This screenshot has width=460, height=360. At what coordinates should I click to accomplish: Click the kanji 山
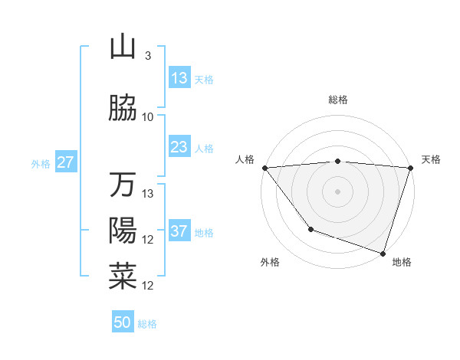click(123, 47)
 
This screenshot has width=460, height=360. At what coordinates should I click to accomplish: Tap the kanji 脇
click(123, 109)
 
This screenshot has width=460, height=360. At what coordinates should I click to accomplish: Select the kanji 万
click(123, 185)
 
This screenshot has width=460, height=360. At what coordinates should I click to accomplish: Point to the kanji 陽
click(123, 231)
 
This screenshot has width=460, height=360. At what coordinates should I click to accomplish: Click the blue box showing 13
click(179, 78)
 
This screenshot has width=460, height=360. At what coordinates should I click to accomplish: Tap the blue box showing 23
click(179, 147)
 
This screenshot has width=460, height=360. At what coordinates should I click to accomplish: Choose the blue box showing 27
click(66, 162)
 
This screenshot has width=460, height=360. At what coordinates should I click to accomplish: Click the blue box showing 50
click(123, 322)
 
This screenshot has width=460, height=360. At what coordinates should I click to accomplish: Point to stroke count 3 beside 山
click(147, 56)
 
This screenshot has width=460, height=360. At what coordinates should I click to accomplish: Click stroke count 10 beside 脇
click(148, 117)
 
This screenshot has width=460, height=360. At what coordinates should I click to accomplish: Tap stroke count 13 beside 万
click(148, 194)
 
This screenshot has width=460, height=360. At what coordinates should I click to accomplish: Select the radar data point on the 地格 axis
click(382, 253)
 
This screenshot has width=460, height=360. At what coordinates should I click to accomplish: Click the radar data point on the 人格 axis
click(264, 168)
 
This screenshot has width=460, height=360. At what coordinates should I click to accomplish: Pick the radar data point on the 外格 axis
click(310, 228)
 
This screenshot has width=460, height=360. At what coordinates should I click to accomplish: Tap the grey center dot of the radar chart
click(337, 191)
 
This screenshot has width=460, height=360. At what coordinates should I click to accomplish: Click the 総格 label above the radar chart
click(337, 100)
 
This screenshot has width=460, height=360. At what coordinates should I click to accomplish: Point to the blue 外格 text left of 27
click(40, 163)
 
